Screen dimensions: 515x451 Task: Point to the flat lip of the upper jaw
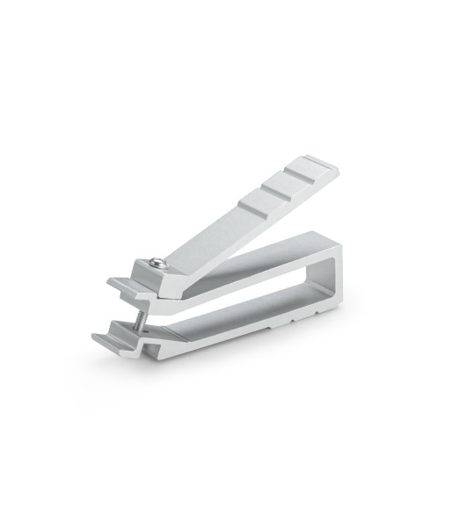tap(122, 287)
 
